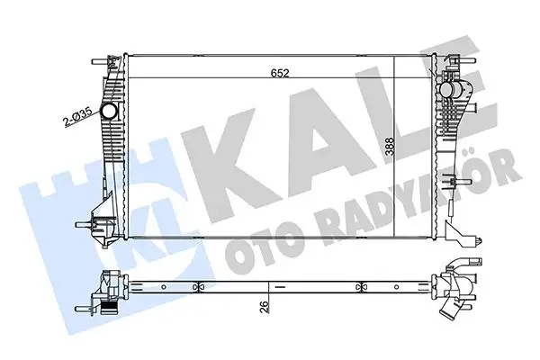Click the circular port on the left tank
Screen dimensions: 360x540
108,112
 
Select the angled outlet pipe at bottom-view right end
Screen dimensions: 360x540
449,315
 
